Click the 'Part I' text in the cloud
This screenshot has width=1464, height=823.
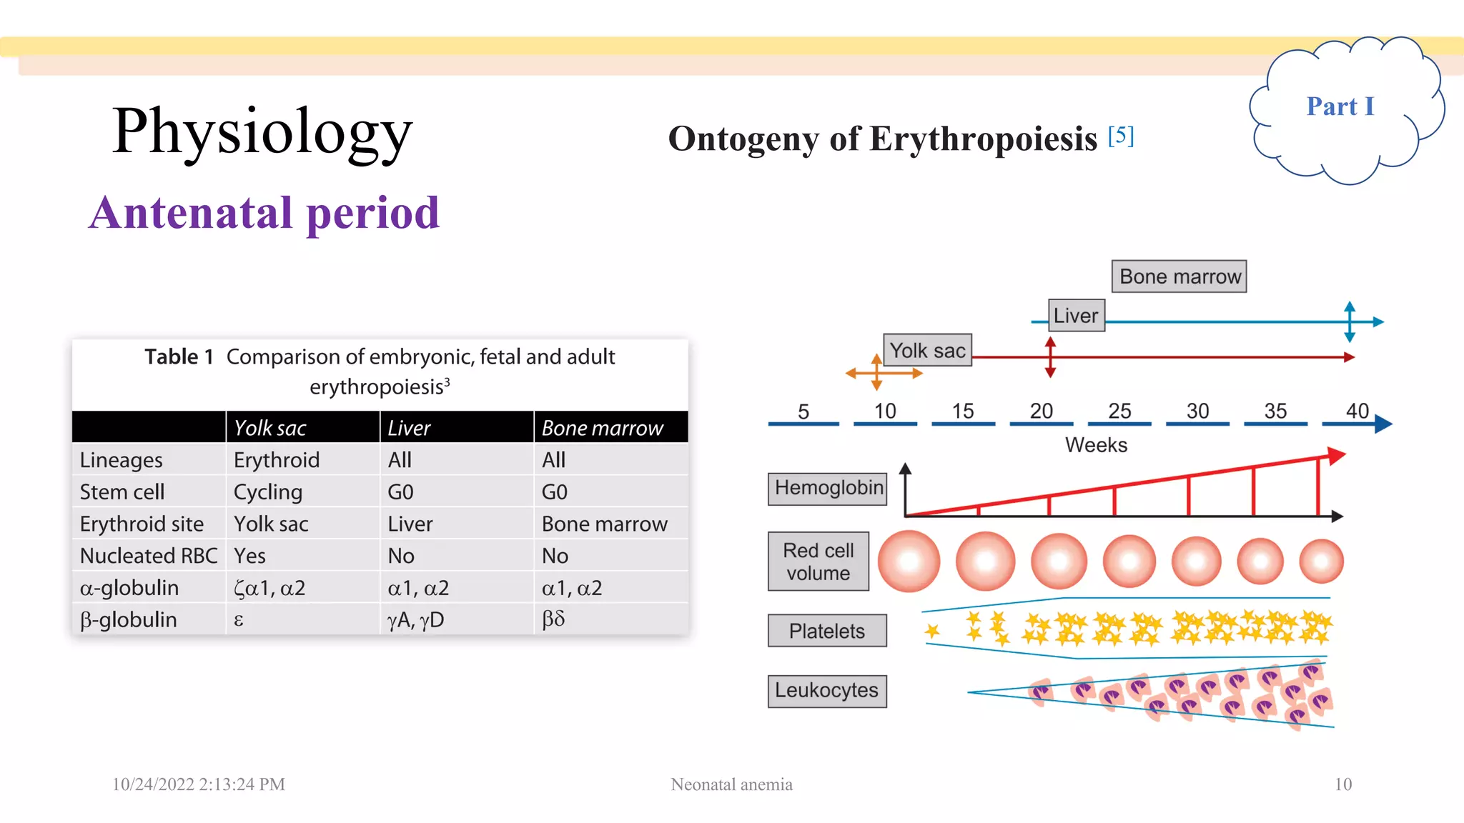coord(1340,106)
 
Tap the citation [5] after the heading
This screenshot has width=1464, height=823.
coord(1121,135)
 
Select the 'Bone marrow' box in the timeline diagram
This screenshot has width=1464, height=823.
coord(1179,276)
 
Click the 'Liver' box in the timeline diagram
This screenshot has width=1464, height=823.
coord(1076,315)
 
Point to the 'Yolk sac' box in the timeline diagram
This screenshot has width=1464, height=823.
coord(927,350)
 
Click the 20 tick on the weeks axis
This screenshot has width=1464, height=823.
coord(1041,411)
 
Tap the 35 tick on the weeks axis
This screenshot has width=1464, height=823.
coord(1275,411)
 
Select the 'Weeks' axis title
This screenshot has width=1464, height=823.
coord(1096,445)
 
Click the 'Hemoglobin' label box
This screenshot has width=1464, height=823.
coord(828,488)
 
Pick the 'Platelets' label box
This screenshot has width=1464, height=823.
coord(827,631)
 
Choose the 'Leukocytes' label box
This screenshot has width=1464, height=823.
coord(827,691)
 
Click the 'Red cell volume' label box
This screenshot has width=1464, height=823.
coord(818,562)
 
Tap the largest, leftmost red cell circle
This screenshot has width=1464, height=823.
coord(909,562)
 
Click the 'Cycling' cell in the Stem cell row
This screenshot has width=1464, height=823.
coord(268,492)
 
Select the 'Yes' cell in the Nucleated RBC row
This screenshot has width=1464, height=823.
coord(249,556)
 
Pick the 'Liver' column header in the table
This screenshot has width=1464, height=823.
coord(409,428)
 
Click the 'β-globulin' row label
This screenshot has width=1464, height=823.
coord(129,619)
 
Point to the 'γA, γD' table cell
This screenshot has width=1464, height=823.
coord(415,619)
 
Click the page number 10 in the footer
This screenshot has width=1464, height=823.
coord(1342,784)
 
